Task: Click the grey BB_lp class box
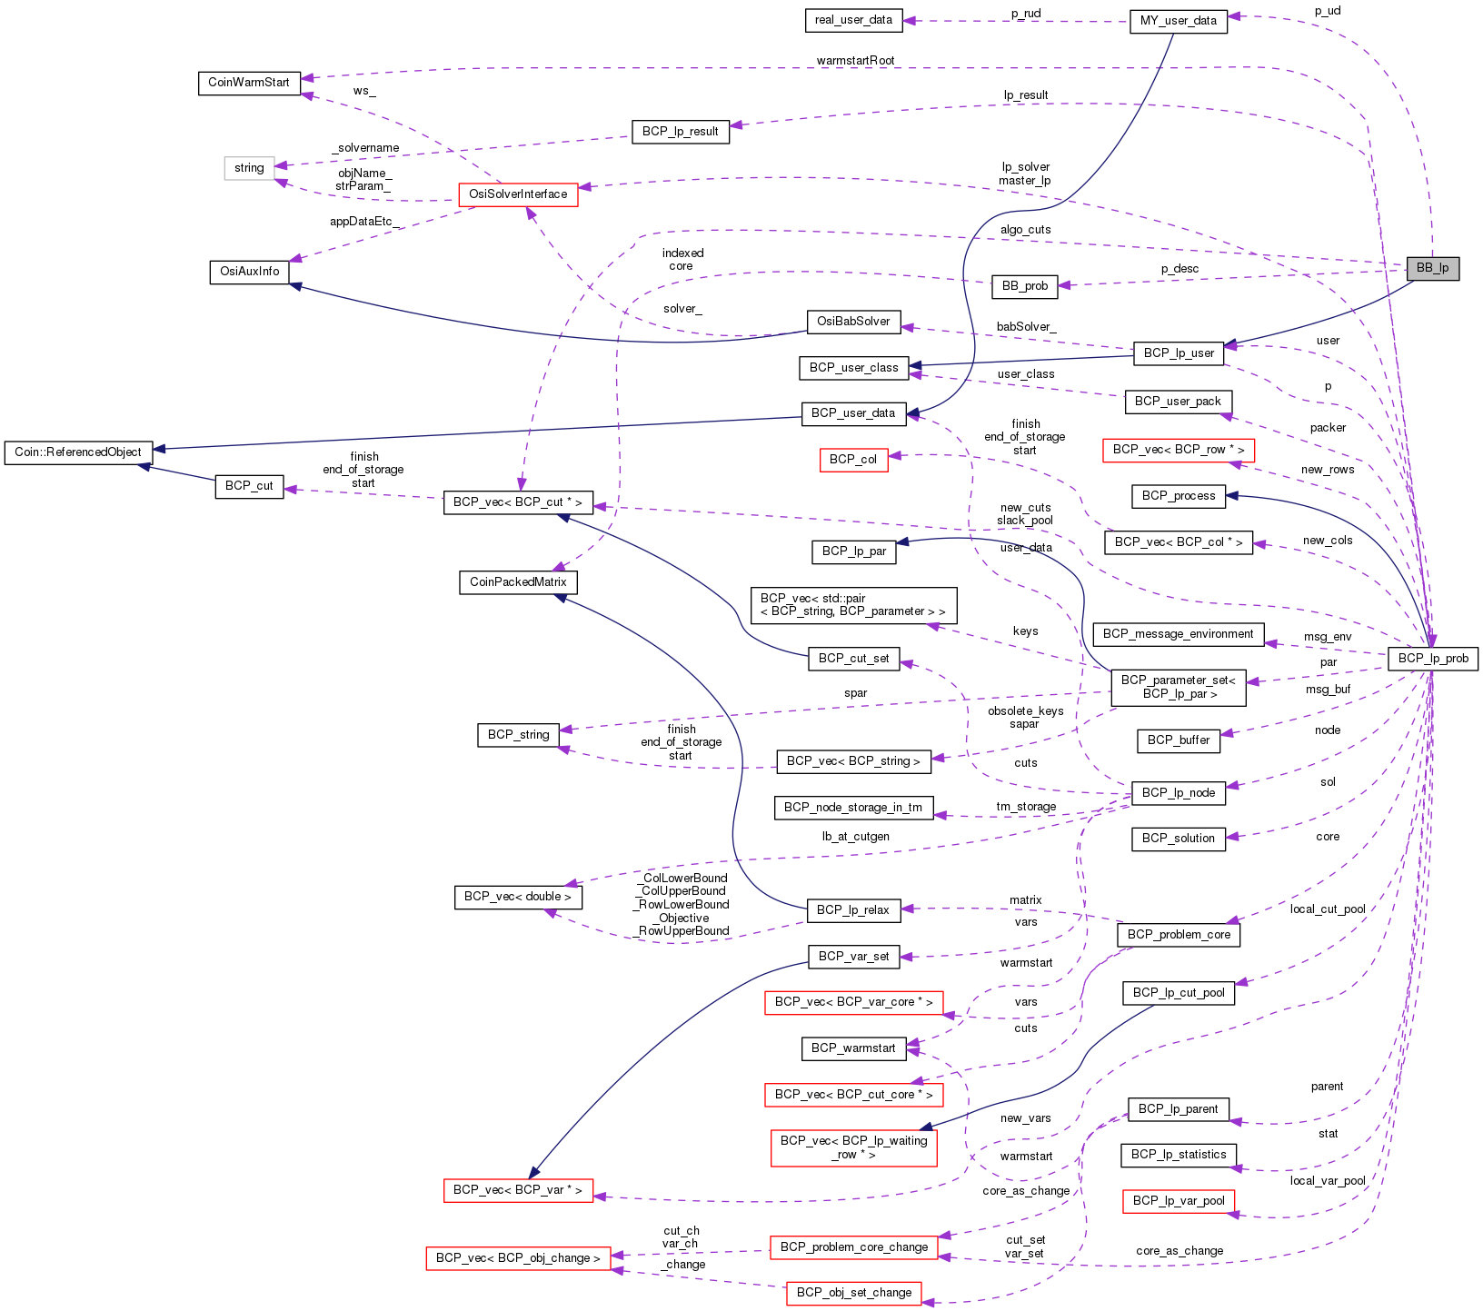pyautogui.click(x=1432, y=268)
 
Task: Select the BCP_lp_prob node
pyautogui.click(x=1433, y=658)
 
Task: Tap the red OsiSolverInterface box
pyautogui.click(x=518, y=194)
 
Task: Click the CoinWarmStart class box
pyautogui.click(x=249, y=83)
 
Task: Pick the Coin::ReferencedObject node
pyautogui.click(x=78, y=452)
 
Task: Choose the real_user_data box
pyautogui.click(x=853, y=20)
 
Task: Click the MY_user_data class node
pyautogui.click(x=1178, y=21)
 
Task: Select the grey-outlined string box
pyautogui.click(x=249, y=168)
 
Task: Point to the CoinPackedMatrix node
pyautogui.click(x=518, y=581)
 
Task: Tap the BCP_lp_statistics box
pyautogui.click(x=1179, y=1155)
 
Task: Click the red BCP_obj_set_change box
pyautogui.click(x=853, y=1292)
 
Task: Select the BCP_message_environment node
pyautogui.click(x=1178, y=634)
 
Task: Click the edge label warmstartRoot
pyautogui.click(x=855, y=61)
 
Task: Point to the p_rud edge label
pyautogui.click(x=1026, y=14)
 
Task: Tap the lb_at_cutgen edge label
pyautogui.click(x=855, y=836)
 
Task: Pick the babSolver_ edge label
pyautogui.click(x=1026, y=326)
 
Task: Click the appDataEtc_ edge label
pyautogui.click(x=363, y=221)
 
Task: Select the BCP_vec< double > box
pyautogui.click(x=518, y=897)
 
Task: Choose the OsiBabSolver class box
pyautogui.click(x=853, y=322)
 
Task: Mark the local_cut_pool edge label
pyautogui.click(x=1328, y=909)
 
